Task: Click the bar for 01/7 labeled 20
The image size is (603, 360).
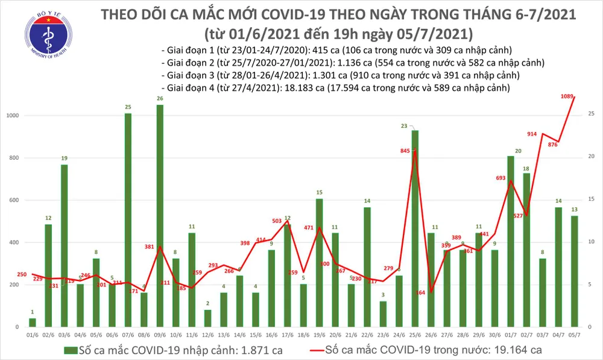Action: click(x=510, y=241)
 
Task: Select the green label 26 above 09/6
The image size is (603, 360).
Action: click(x=160, y=99)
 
